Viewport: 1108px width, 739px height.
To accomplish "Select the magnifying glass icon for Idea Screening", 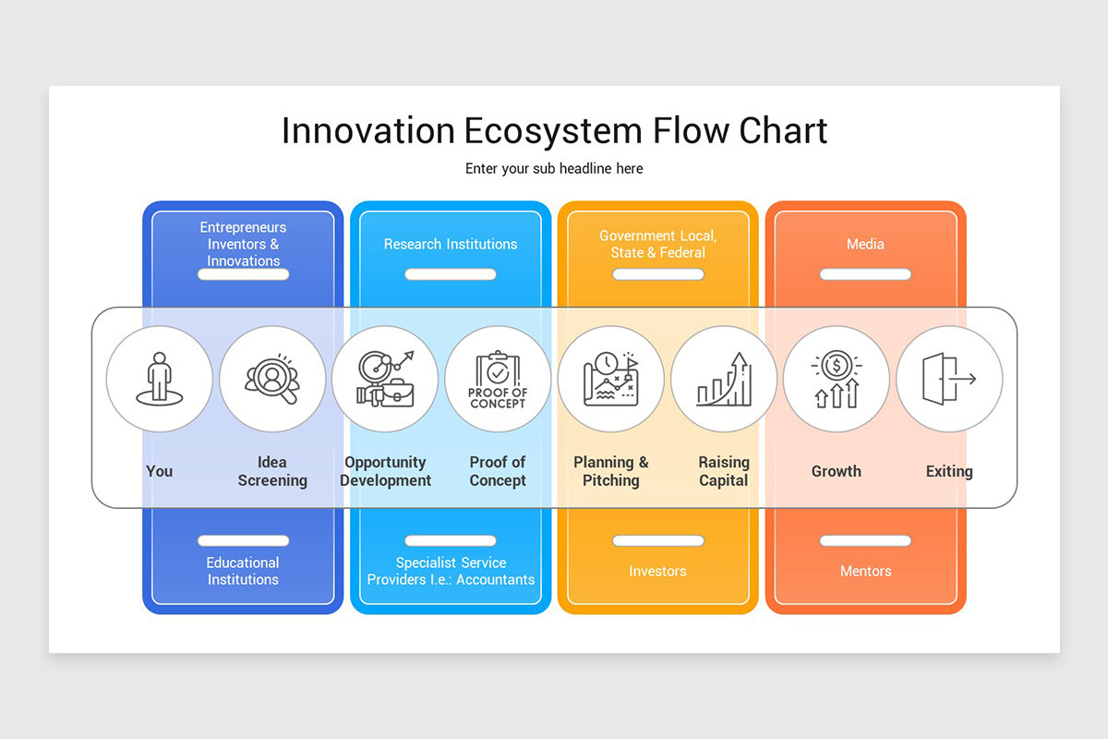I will (x=272, y=379).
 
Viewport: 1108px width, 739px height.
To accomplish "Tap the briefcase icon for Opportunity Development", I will (x=385, y=379).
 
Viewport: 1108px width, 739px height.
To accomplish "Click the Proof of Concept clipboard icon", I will (x=498, y=379).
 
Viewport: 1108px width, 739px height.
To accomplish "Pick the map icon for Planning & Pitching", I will (x=610, y=379).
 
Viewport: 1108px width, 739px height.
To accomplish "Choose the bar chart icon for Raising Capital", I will (x=723, y=379).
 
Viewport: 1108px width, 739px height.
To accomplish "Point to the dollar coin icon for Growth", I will (x=836, y=379).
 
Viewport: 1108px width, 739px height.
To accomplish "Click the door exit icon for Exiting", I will (x=948, y=379).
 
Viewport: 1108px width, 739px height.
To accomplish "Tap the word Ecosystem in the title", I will (x=551, y=131).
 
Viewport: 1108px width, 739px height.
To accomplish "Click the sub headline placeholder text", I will (x=554, y=169).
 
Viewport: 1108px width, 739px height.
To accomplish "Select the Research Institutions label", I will (x=451, y=244).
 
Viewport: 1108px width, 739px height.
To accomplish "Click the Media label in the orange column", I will (x=865, y=244).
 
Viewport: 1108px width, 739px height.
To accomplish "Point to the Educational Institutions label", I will (x=243, y=571).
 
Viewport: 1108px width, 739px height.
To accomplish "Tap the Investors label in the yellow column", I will (x=657, y=571).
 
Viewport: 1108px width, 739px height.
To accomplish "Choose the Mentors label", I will (x=865, y=571).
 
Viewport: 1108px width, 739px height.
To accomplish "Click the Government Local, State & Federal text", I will (x=657, y=244).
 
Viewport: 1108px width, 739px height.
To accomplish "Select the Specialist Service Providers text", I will (x=451, y=571).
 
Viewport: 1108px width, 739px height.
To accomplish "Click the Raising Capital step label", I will (x=723, y=471).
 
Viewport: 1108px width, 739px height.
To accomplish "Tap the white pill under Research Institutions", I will (x=451, y=274).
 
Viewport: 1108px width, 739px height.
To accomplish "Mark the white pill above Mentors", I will (x=865, y=540).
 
